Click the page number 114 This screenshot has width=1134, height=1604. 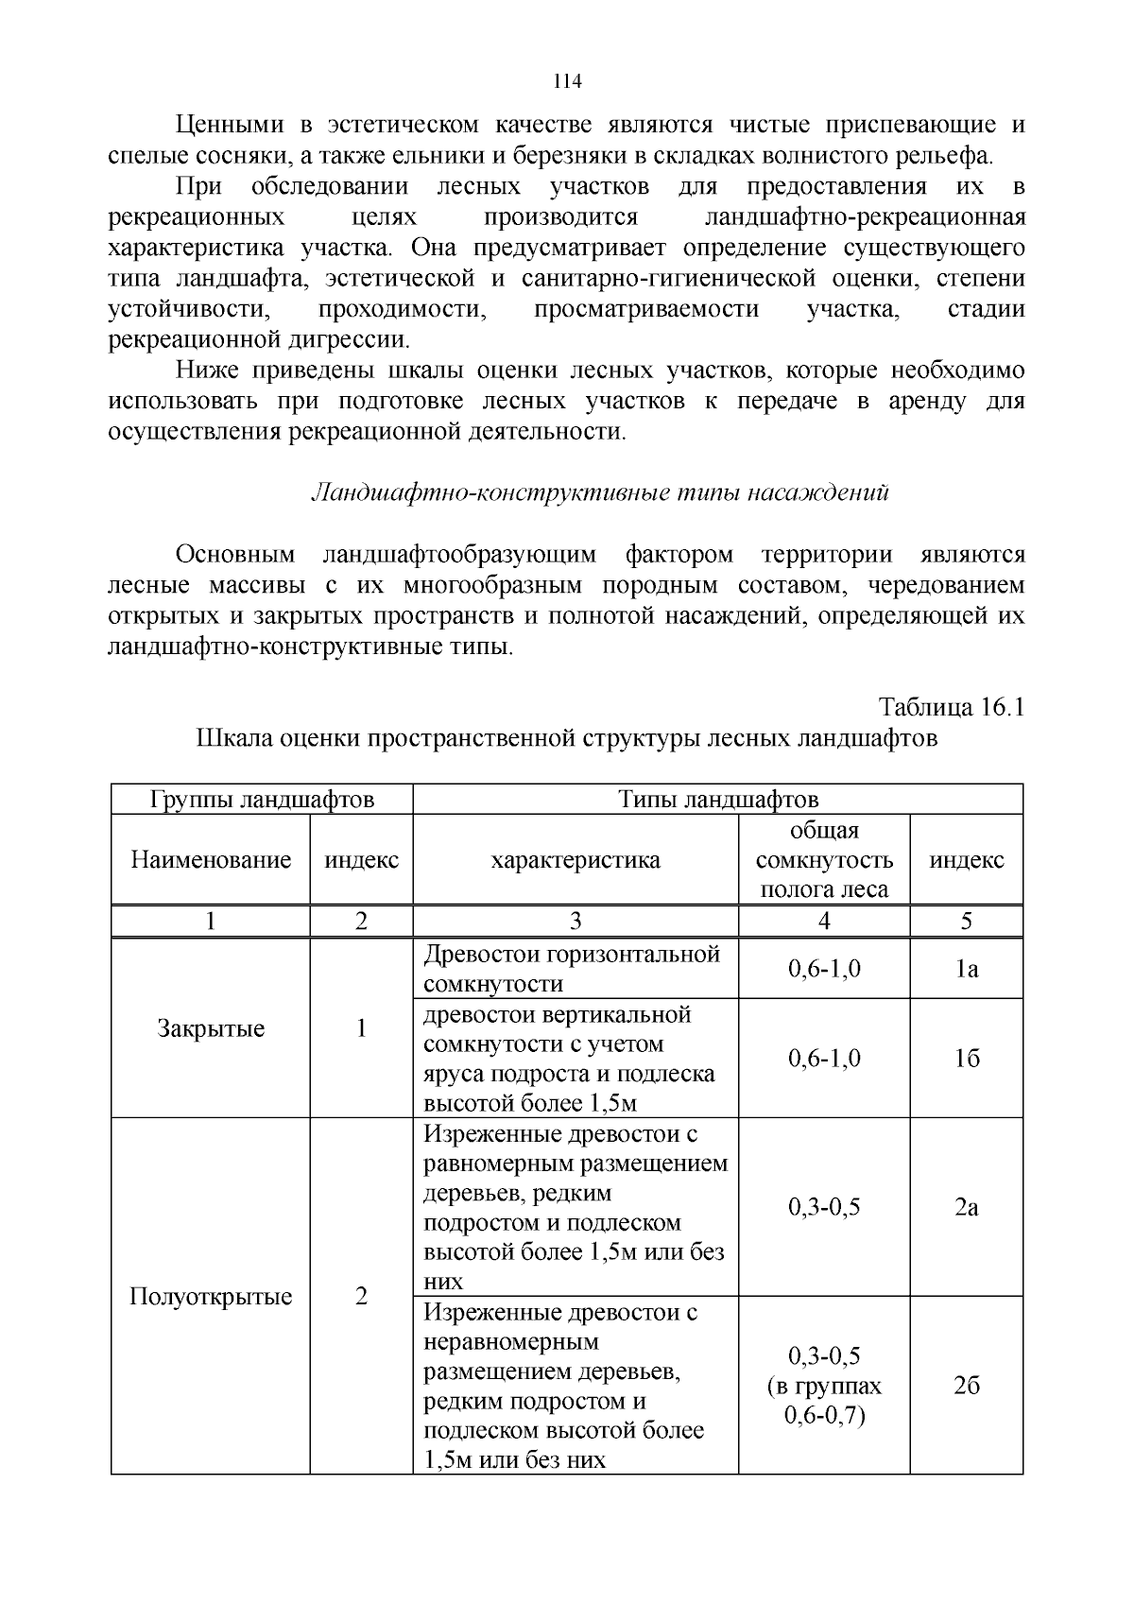tap(567, 81)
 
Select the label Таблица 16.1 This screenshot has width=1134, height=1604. tap(952, 707)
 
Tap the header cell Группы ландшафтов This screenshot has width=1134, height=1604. tap(262, 800)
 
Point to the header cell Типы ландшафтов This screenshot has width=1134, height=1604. tap(718, 800)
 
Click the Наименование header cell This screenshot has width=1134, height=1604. tap(211, 860)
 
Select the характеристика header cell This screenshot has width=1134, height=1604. tap(575, 860)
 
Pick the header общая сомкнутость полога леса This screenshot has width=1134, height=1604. tap(824, 860)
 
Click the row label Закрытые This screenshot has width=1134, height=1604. tap(211, 1028)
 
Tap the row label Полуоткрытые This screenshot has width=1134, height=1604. tap(211, 1296)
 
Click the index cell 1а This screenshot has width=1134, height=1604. tap(966, 969)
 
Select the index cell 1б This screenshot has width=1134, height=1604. tap(966, 1059)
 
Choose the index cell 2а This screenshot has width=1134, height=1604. tap(966, 1207)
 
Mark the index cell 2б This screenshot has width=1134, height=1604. tap(966, 1386)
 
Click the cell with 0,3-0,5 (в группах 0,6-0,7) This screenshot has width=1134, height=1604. tap(824, 1386)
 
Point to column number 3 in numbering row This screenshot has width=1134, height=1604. tap(575, 922)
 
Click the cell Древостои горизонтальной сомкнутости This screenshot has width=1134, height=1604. tap(572, 969)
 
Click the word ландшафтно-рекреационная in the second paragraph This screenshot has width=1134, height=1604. tap(866, 217)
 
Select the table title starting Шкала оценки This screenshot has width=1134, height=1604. tap(567, 738)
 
